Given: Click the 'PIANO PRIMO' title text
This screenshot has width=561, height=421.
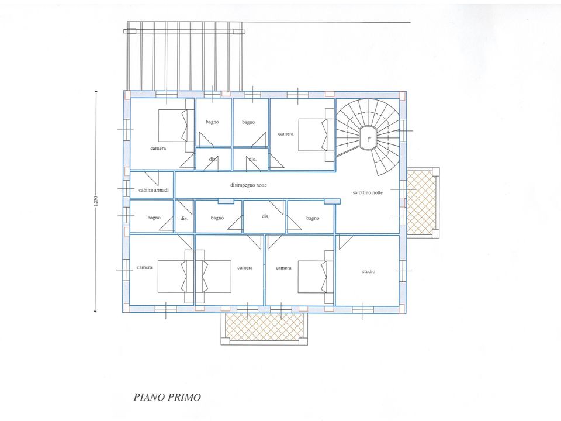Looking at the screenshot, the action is click(167, 397).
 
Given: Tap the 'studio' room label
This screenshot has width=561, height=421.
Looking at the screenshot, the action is click(369, 272).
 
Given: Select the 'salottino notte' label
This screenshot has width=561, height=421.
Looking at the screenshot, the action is click(368, 192).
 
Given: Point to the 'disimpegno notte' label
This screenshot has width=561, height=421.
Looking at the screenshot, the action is click(248, 185).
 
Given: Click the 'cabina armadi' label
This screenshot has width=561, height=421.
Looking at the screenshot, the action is click(154, 190).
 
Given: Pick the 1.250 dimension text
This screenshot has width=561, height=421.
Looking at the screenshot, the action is click(95, 201).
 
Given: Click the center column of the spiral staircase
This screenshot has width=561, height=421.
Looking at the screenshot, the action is click(368, 138).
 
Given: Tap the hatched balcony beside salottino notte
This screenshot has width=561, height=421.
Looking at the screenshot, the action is click(421, 203).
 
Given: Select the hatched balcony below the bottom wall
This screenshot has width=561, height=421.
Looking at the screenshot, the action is click(264, 327).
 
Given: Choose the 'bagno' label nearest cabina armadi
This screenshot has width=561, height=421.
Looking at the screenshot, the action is click(154, 218).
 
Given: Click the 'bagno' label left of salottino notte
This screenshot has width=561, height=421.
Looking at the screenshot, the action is click(312, 218).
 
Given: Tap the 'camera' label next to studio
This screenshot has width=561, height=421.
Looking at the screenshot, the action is click(283, 268).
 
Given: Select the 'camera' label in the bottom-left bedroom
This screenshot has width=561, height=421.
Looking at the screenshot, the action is click(144, 267).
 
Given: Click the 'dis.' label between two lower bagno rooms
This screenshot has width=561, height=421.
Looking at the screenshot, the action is click(265, 216).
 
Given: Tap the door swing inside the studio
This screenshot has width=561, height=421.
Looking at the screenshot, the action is click(346, 242).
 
